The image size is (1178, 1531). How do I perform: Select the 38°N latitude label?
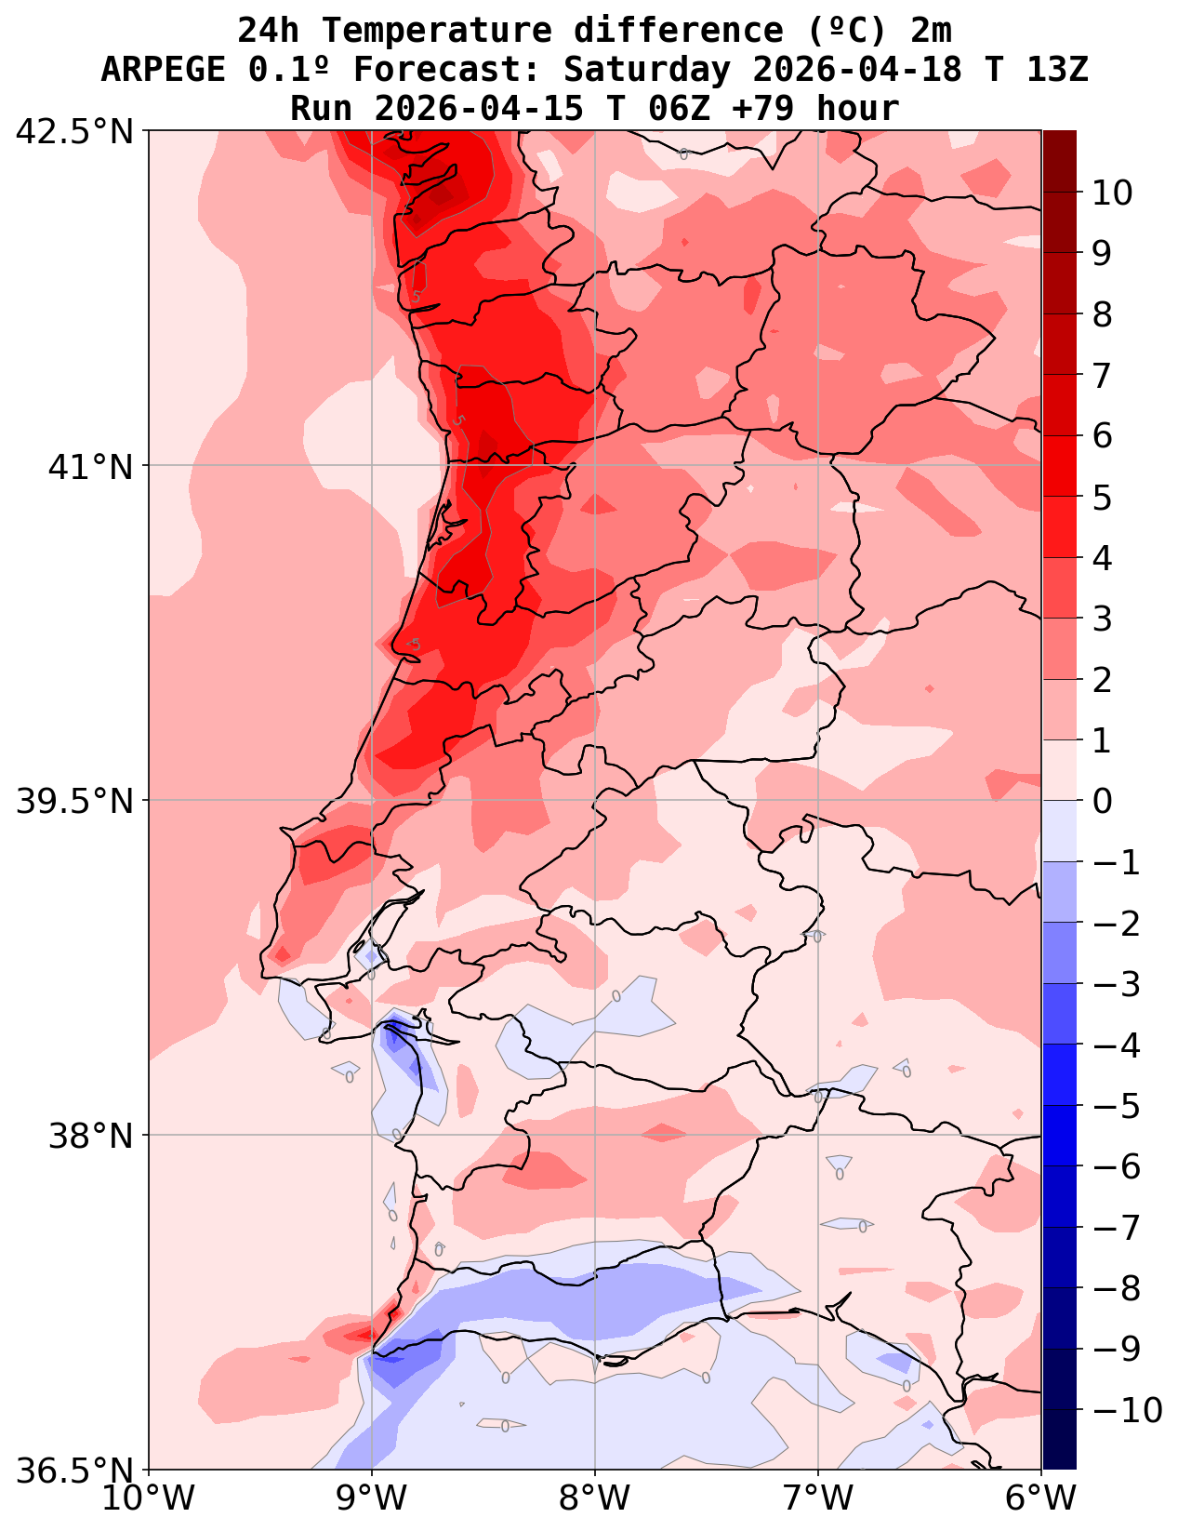[91, 1136]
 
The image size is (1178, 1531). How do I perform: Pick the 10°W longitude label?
[149, 1498]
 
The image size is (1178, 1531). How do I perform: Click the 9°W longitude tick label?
[372, 1498]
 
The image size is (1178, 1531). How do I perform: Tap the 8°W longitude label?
[595, 1498]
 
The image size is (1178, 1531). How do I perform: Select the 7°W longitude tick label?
[818, 1498]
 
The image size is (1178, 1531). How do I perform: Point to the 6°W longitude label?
[1041, 1498]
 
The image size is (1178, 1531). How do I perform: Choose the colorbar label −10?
[1121, 1411]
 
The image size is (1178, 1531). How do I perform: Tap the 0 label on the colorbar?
[1101, 801]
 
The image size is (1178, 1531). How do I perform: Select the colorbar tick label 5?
[1101, 498]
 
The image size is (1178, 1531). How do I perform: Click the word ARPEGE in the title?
[163, 70]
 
